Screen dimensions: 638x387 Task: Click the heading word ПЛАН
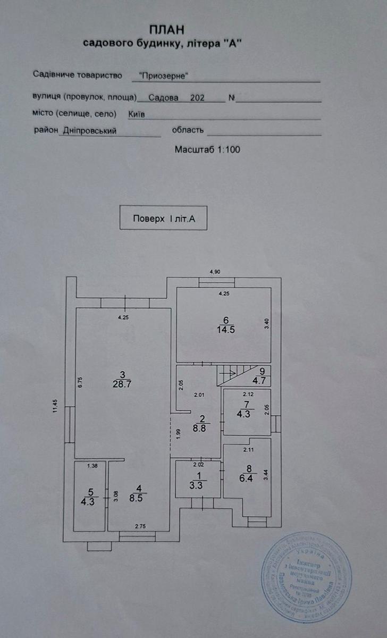tap(164, 31)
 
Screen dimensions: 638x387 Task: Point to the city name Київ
tap(137, 114)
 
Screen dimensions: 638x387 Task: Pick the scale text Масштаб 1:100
tap(207, 150)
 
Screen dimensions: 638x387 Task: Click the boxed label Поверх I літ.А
tap(163, 218)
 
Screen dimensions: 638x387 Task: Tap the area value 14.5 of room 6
tap(226, 329)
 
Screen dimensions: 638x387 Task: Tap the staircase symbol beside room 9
tap(230, 374)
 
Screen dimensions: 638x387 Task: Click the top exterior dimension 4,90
tap(214, 272)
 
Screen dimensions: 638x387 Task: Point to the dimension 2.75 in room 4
tap(140, 526)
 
